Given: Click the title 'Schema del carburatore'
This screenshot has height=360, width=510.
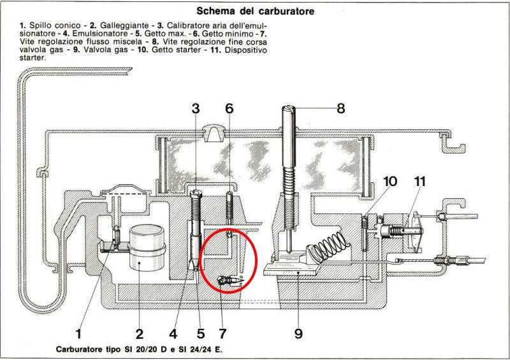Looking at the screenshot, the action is point(256,11).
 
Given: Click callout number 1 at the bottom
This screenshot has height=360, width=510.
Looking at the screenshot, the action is point(78,334).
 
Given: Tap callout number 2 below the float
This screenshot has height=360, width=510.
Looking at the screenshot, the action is point(139,334).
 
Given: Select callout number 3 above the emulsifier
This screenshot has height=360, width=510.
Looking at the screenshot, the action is point(196,108).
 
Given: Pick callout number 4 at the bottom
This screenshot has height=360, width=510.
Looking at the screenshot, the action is point(173,334).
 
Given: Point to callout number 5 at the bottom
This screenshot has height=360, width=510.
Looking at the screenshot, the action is point(201,334).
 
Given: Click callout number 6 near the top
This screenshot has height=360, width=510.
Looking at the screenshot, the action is point(229,108).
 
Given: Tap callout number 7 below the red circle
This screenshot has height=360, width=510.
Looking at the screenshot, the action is point(222,334).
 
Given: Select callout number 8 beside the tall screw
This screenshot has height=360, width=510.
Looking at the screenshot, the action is point(340,108).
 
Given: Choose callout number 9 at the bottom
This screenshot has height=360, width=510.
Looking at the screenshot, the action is point(298,334).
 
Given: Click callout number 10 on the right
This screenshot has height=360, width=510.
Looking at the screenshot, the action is point(390,182).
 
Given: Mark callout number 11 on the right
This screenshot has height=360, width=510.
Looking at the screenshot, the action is point(419,182).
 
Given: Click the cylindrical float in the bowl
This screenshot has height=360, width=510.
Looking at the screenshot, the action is point(147,248).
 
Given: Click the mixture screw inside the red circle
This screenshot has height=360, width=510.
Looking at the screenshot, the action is point(230,280).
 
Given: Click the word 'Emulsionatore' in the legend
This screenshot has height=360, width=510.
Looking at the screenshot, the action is point(100,34).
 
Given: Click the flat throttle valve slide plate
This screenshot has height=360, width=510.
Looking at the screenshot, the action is point(290,270).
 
